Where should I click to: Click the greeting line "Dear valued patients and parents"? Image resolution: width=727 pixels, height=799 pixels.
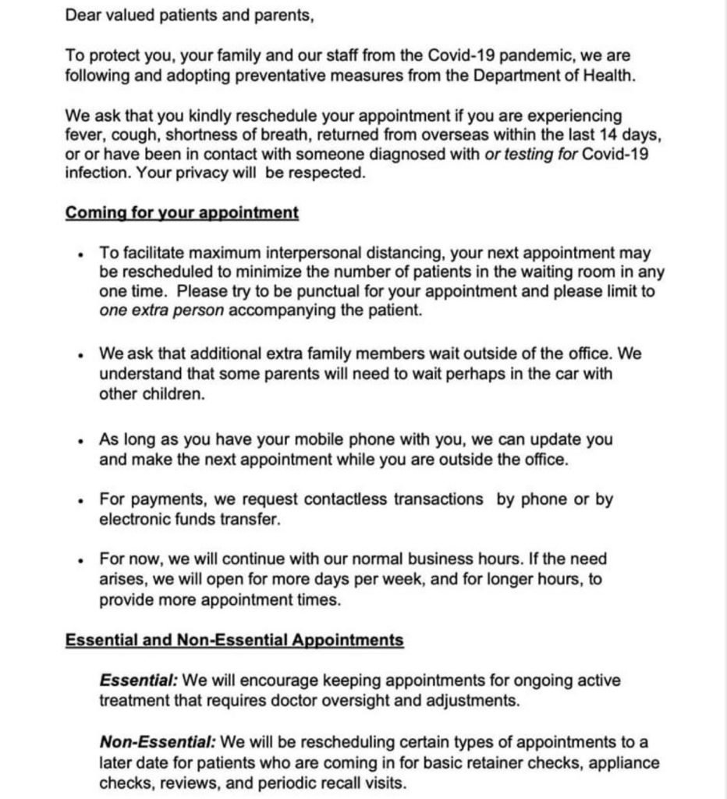click(x=190, y=15)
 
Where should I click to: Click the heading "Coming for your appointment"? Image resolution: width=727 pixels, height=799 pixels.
click(x=182, y=213)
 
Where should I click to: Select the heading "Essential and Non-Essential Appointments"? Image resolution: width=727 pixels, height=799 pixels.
click(x=234, y=641)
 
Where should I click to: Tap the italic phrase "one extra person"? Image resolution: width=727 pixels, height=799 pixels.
click(x=161, y=311)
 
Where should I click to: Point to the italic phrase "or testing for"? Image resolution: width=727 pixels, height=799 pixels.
click(x=532, y=154)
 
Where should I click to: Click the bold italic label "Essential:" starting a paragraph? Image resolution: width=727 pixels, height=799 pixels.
click(x=138, y=680)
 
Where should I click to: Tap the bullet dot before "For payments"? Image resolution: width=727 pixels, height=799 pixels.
click(x=80, y=500)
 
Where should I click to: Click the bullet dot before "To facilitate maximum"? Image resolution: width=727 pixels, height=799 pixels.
click(x=80, y=254)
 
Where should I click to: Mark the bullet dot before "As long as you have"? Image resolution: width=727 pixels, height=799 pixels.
click(x=80, y=441)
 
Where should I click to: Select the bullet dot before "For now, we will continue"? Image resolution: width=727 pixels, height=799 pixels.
click(x=80, y=560)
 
